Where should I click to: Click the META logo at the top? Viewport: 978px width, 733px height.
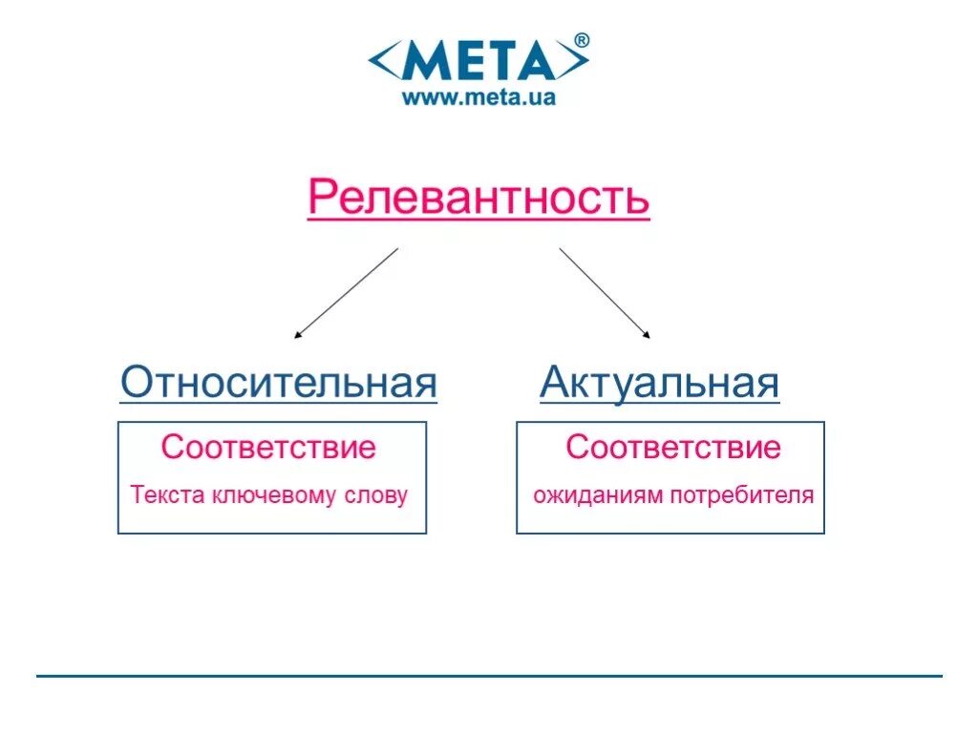(478, 61)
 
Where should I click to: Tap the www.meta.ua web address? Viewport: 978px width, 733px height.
(478, 96)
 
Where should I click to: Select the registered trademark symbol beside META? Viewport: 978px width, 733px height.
(582, 40)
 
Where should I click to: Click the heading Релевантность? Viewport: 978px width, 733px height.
(478, 199)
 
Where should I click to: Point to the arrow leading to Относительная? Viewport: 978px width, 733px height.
(346, 293)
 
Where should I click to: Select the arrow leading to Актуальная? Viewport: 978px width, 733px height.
(605, 293)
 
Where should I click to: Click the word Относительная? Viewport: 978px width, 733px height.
(279, 384)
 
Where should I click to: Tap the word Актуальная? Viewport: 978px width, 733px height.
(660, 384)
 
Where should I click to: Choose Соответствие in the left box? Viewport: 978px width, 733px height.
(268, 447)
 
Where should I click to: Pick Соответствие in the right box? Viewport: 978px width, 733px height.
(673, 447)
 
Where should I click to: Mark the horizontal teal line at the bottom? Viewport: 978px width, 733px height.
(489, 676)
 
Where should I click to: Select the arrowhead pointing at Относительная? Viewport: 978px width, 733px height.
(298, 335)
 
